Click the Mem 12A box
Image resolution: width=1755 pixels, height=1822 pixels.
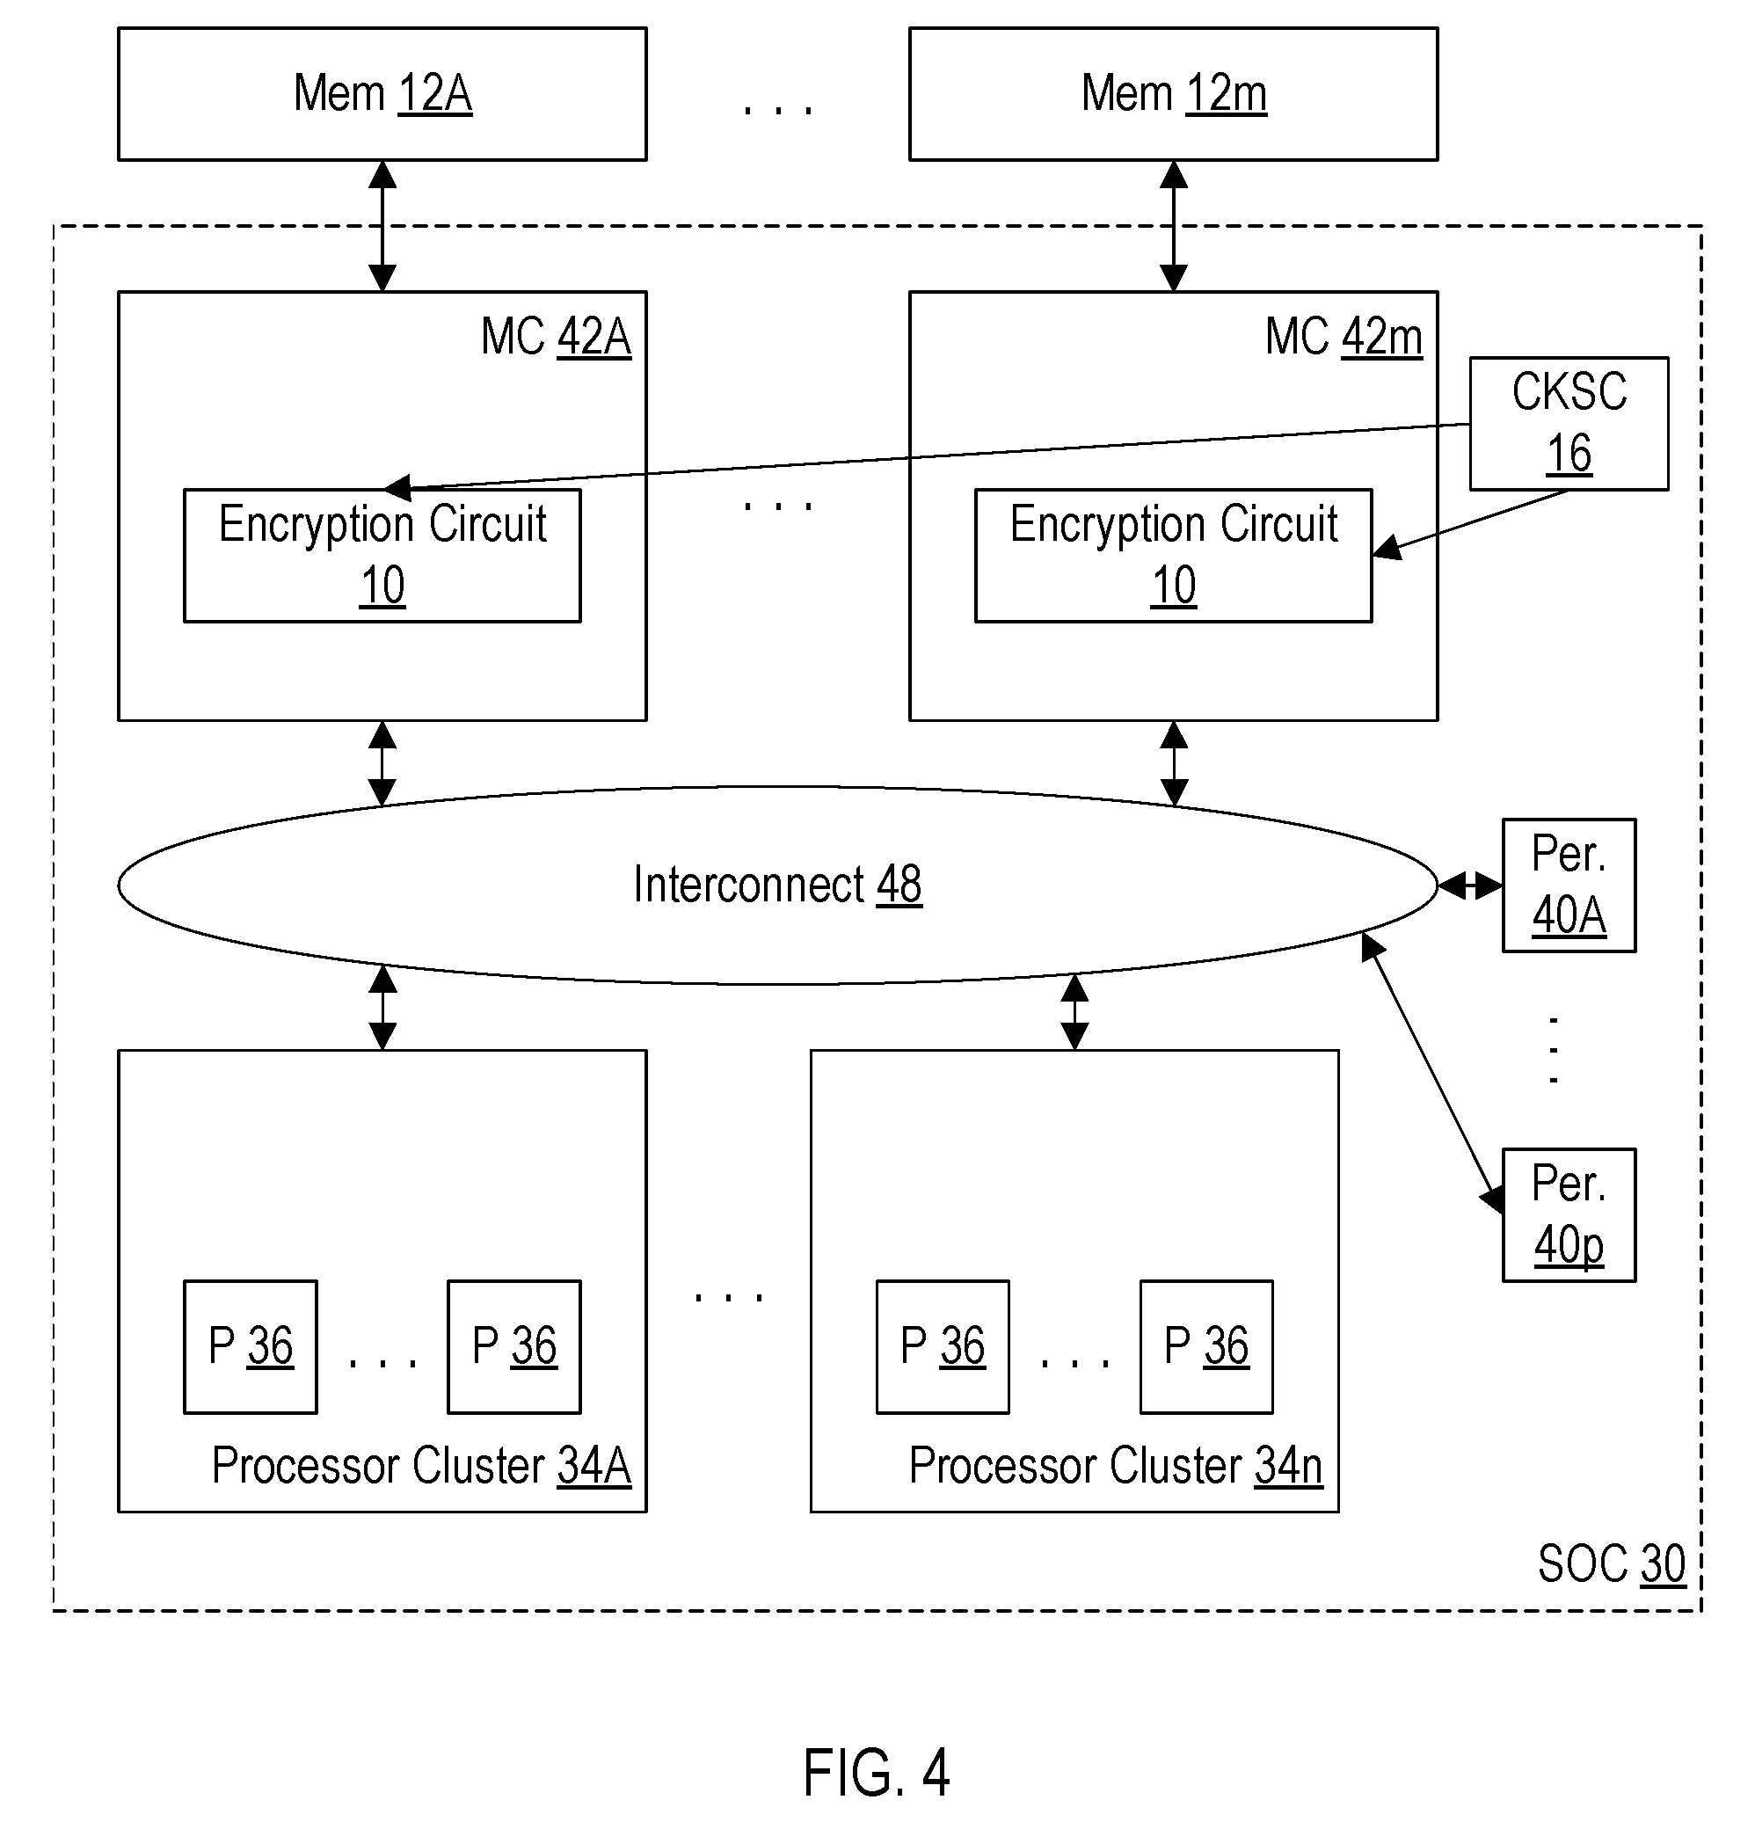tap(382, 94)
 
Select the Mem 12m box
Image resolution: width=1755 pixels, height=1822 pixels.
tap(1173, 94)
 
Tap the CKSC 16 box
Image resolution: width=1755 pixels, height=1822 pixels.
tap(1569, 423)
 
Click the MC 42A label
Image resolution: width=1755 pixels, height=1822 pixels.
tap(556, 337)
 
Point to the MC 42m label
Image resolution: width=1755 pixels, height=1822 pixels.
tap(1344, 337)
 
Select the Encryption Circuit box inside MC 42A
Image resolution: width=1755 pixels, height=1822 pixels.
tap(382, 555)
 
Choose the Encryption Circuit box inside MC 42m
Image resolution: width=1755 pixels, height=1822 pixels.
tap(1173, 555)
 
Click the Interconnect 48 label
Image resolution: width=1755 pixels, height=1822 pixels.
tap(777, 884)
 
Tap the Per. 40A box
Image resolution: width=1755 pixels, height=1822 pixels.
tap(1569, 885)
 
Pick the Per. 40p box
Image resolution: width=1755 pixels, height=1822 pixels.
tap(1569, 1215)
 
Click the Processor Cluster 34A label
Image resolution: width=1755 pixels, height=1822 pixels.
tap(421, 1466)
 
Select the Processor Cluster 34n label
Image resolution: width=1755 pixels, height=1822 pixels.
tap(1116, 1466)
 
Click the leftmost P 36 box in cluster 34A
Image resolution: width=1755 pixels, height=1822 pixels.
tap(250, 1347)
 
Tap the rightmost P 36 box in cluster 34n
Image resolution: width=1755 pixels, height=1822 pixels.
tap(1206, 1347)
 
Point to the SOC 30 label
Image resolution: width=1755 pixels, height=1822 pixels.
tap(1611, 1563)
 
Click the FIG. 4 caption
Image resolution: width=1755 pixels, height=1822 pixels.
tap(876, 1772)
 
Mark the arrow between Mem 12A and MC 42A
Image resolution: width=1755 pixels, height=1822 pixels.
tap(382, 226)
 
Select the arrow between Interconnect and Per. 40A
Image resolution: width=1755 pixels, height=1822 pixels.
tap(1469, 885)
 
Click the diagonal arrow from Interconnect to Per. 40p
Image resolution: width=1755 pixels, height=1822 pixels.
tap(1431, 1073)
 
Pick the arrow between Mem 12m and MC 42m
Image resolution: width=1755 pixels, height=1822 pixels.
tap(1173, 226)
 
